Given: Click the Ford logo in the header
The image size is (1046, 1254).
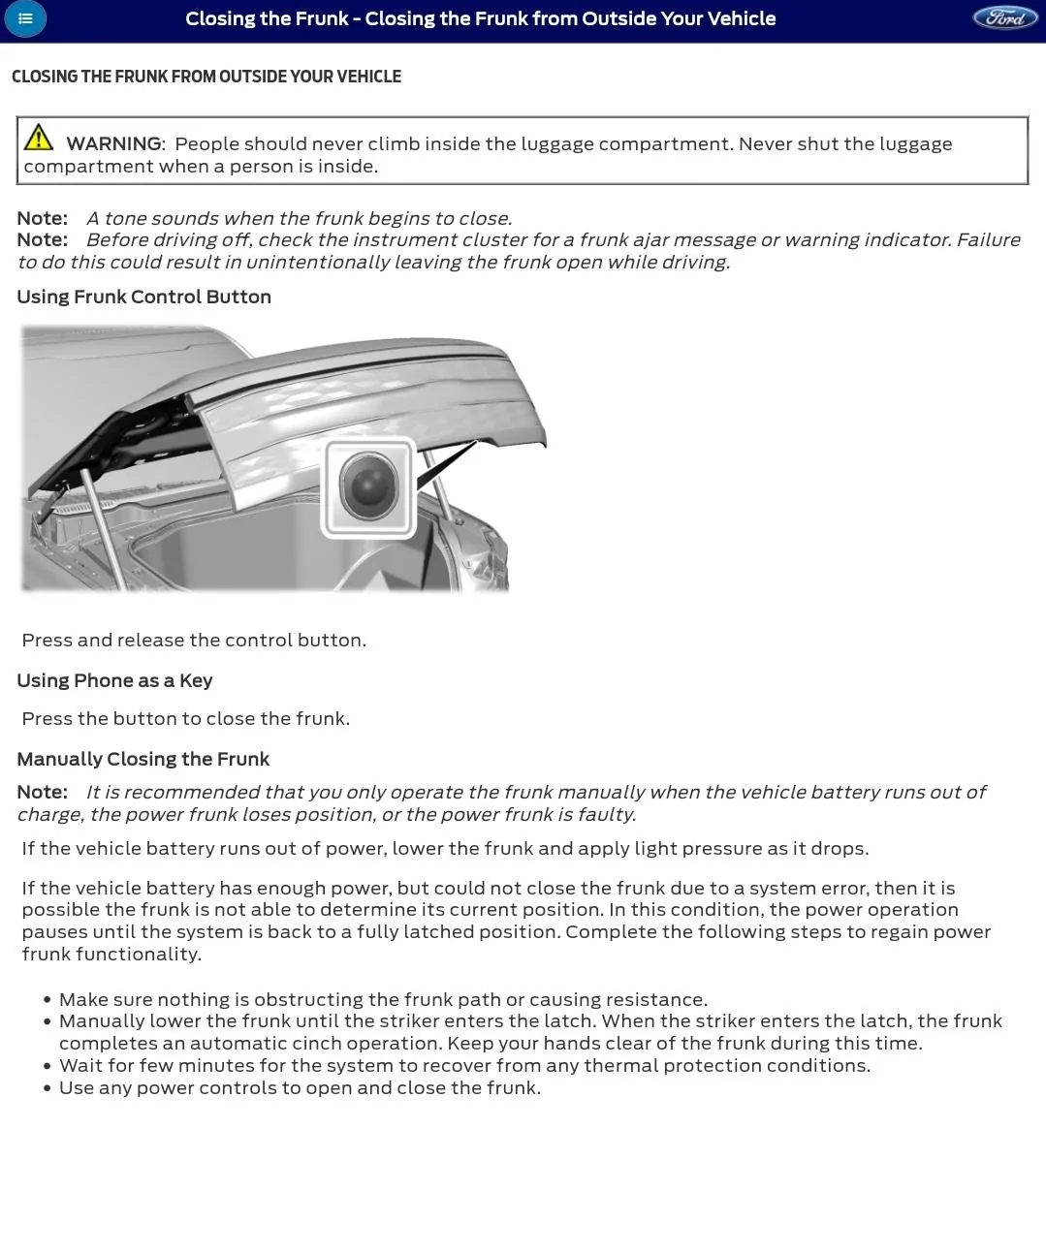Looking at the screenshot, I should [x=1004, y=18].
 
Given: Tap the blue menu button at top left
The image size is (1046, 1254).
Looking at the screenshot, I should [x=25, y=18].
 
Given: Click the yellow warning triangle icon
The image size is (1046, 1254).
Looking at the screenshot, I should [x=39, y=138].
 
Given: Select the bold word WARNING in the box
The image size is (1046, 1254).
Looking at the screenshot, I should [x=113, y=143].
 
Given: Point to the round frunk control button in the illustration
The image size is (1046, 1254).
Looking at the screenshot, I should [x=368, y=486].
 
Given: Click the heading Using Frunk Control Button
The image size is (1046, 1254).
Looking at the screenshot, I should [x=143, y=297].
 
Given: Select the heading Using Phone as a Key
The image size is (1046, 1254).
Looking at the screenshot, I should [x=114, y=680].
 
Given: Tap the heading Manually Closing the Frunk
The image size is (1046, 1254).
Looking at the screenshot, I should [x=143, y=759].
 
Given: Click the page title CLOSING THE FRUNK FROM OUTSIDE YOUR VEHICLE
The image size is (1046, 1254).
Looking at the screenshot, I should [x=206, y=77].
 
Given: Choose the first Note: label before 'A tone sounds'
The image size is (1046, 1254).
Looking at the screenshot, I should [x=42, y=218].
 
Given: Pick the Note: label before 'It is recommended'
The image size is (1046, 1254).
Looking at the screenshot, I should [x=42, y=792].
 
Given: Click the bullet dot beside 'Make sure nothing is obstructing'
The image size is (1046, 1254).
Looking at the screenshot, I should [x=47, y=1000].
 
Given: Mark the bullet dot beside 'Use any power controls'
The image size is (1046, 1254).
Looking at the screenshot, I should [x=47, y=1088].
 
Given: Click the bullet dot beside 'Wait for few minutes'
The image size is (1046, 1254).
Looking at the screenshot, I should [x=47, y=1066].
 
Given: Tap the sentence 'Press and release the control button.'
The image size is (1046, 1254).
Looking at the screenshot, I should [x=194, y=640].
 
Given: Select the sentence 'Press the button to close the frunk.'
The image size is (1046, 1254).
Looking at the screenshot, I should [x=185, y=718].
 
